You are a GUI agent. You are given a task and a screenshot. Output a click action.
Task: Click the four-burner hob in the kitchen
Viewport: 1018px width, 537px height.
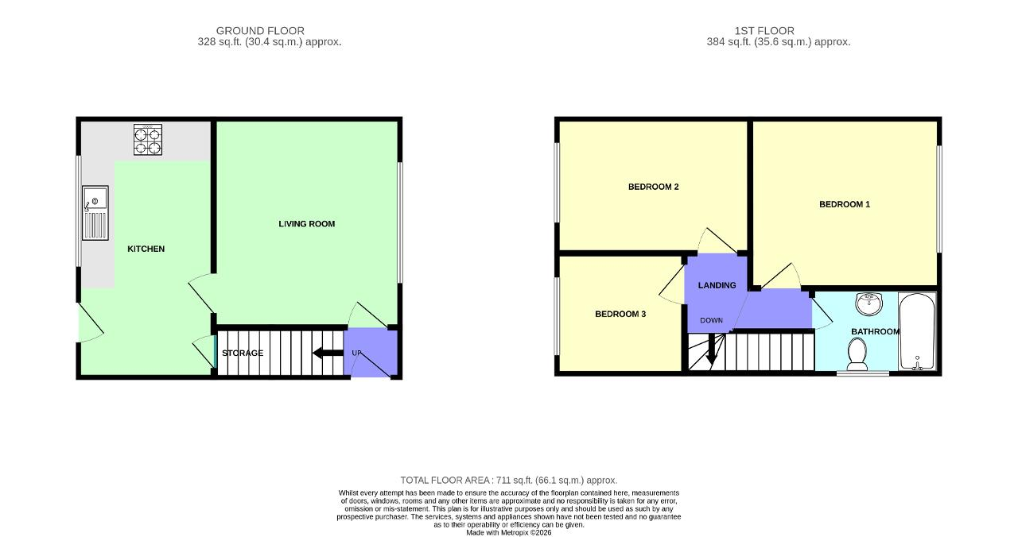[148, 140]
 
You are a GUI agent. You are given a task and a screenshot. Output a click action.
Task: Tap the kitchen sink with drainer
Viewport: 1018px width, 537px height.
[95, 212]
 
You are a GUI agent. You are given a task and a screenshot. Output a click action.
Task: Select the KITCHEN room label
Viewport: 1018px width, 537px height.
[146, 249]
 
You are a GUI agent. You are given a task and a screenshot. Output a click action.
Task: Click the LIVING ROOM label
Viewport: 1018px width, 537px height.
[307, 224]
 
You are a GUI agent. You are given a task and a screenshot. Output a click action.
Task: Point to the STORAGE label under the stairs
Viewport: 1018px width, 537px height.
[243, 353]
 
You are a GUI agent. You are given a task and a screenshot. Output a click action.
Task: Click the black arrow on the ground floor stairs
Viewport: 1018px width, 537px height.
[328, 353]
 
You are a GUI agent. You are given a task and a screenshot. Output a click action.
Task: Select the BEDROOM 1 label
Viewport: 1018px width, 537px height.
[845, 204]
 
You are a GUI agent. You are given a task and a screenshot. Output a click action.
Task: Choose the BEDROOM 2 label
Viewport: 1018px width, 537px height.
[654, 187]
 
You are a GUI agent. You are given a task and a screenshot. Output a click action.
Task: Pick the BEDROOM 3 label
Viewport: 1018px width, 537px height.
[620, 314]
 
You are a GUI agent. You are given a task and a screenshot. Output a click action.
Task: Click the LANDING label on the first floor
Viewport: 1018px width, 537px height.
[717, 285]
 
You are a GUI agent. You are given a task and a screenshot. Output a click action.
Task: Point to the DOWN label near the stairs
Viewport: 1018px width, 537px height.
[711, 320]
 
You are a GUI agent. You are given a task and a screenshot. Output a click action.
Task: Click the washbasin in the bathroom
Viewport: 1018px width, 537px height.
[869, 303]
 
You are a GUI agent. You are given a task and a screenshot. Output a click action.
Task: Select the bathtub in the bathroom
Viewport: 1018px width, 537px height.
[917, 331]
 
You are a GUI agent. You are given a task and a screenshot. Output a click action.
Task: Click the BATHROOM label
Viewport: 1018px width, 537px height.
[876, 332]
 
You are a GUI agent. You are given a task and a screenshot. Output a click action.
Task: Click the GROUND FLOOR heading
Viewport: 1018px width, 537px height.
[260, 31]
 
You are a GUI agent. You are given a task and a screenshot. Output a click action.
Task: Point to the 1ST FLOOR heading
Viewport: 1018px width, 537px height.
[764, 31]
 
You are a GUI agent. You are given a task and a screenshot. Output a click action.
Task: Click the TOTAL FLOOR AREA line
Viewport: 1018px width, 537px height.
[508, 481]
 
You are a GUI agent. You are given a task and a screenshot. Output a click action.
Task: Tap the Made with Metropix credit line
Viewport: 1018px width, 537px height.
[508, 533]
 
